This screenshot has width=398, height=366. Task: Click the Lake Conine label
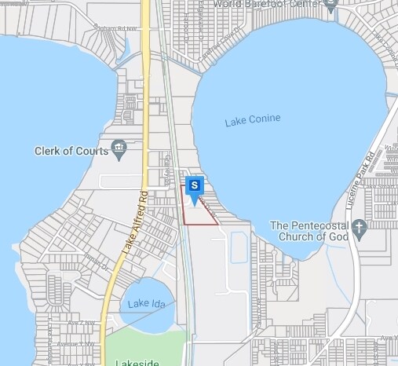click(x=252, y=120)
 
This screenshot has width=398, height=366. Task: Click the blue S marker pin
click(x=195, y=186)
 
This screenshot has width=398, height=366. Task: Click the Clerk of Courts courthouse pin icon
click(x=119, y=147)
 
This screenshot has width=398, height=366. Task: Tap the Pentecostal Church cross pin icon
click(x=359, y=229)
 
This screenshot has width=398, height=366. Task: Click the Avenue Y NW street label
click(x=80, y=343)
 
